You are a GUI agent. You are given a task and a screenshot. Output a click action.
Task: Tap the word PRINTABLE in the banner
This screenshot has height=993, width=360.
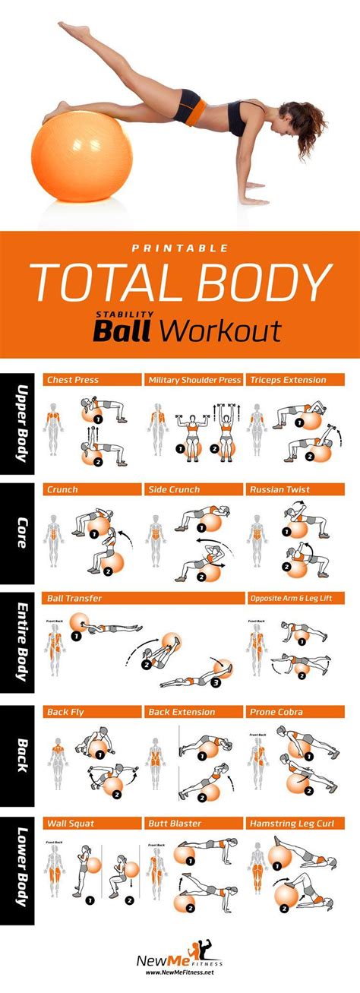[x=181, y=247]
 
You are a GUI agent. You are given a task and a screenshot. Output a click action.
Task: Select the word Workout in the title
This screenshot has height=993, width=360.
[x=222, y=330]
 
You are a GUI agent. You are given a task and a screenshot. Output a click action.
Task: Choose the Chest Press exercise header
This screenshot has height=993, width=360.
[x=73, y=380]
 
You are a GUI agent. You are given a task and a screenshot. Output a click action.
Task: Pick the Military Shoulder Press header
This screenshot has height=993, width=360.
[x=194, y=380]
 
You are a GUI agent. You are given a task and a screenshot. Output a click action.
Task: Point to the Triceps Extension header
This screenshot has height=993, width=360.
[x=289, y=380]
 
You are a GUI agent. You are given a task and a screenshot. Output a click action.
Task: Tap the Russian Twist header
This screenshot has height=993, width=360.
[x=279, y=490]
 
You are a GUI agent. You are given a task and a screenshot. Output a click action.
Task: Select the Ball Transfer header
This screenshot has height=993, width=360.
[x=74, y=599]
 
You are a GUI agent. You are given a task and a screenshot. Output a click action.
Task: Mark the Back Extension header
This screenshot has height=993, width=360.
[x=182, y=712]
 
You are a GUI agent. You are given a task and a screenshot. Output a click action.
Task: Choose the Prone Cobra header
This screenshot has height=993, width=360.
[x=276, y=712]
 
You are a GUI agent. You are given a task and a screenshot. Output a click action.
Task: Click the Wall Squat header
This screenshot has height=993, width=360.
[x=71, y=823]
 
